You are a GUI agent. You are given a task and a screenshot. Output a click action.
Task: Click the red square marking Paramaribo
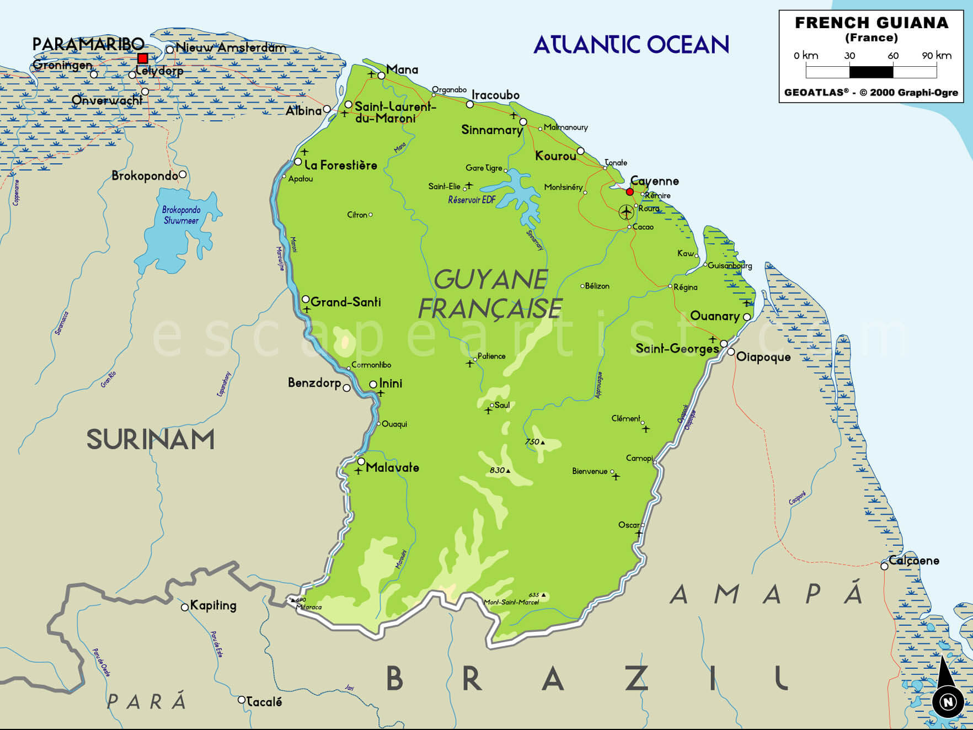tap(143, 58)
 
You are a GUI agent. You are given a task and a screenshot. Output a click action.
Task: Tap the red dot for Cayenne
tap(630, 192)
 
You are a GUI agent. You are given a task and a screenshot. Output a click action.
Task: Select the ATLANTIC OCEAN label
tap(631, 45)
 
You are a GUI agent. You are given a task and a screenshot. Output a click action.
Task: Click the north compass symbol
tap(948, 701)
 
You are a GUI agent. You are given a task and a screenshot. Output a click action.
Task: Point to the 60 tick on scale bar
tap(893, 56)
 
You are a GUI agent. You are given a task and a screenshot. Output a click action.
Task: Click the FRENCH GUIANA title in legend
tap(872, 23)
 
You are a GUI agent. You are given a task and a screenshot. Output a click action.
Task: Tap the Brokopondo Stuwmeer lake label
tap(181, 215)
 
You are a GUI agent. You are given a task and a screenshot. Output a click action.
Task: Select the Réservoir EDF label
tap(472, 200)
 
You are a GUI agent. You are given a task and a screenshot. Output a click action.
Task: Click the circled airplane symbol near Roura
tap(626, 211)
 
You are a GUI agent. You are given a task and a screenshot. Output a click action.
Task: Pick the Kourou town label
tap(555, 156)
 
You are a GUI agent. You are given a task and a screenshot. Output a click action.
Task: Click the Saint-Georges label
tap(677, 348)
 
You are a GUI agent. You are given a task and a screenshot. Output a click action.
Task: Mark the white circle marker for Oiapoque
tap(731, 352)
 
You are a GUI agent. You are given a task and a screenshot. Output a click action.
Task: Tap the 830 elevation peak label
tap(497, 470)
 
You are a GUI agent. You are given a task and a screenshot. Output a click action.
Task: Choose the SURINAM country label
tap(150, 440)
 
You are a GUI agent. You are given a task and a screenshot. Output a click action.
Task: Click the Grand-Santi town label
tap(346, 302)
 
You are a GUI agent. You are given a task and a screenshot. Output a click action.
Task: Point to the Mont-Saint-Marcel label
tap(511, 602)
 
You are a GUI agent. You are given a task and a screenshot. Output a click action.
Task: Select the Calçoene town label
tap(913, 561)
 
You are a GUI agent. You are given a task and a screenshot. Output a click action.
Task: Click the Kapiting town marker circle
tap(185, 608)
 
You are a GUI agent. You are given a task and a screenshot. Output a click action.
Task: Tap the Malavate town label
tap(392, 467)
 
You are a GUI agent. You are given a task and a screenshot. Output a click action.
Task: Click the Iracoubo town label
tap(495, 95)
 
